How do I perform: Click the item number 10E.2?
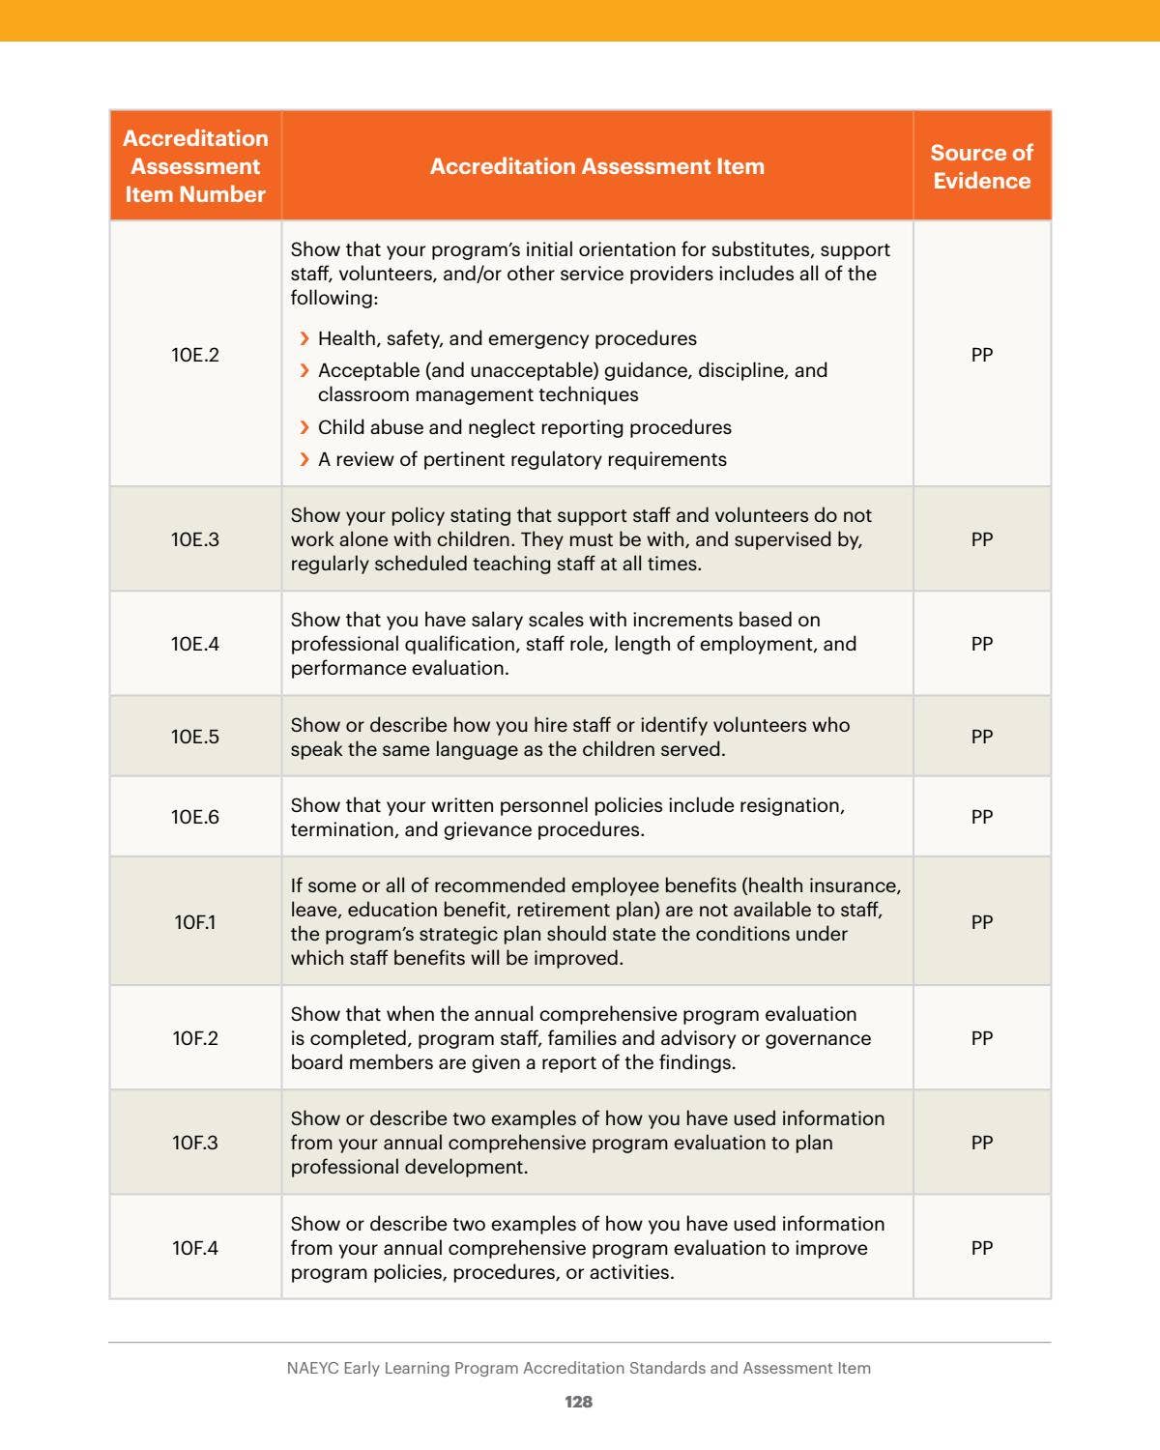[x=195, y=355]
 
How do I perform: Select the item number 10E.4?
[x=195, y=644]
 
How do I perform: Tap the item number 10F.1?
[x=195, y=922]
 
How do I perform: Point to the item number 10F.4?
[x=195, y=1248]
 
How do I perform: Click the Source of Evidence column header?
[x=981, y=166]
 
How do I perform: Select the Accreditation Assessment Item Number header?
[x=195, y=166]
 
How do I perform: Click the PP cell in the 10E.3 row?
[x=981, y=539]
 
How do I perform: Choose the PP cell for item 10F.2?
[x=981, y=1038]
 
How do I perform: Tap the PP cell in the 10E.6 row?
[x=981, y=817]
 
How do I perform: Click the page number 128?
[x=578, y=1402]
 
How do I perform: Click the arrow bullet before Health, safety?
[x=304, y=338]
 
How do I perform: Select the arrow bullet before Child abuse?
[x=304, y=427]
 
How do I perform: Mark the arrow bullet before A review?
[x=304, y=459]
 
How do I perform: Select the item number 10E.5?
[x=195, y=737]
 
